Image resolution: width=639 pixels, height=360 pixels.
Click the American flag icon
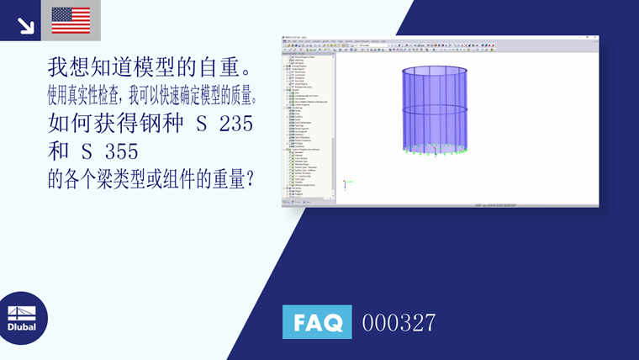[x=71, y=19]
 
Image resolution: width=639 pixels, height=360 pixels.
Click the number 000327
[x=399, y=322]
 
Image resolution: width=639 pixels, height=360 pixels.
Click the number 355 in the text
[x=122, y=153]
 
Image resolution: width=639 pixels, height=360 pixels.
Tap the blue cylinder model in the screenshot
[x=435, y=111]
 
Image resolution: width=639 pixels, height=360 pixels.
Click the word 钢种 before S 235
[x=159, y=124]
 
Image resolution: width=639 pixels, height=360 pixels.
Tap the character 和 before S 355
[x=60, y=153]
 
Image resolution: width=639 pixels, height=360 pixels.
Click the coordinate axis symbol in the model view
[x=346, y=183]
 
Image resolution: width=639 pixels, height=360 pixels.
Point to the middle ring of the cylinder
[x=435, y=110]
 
